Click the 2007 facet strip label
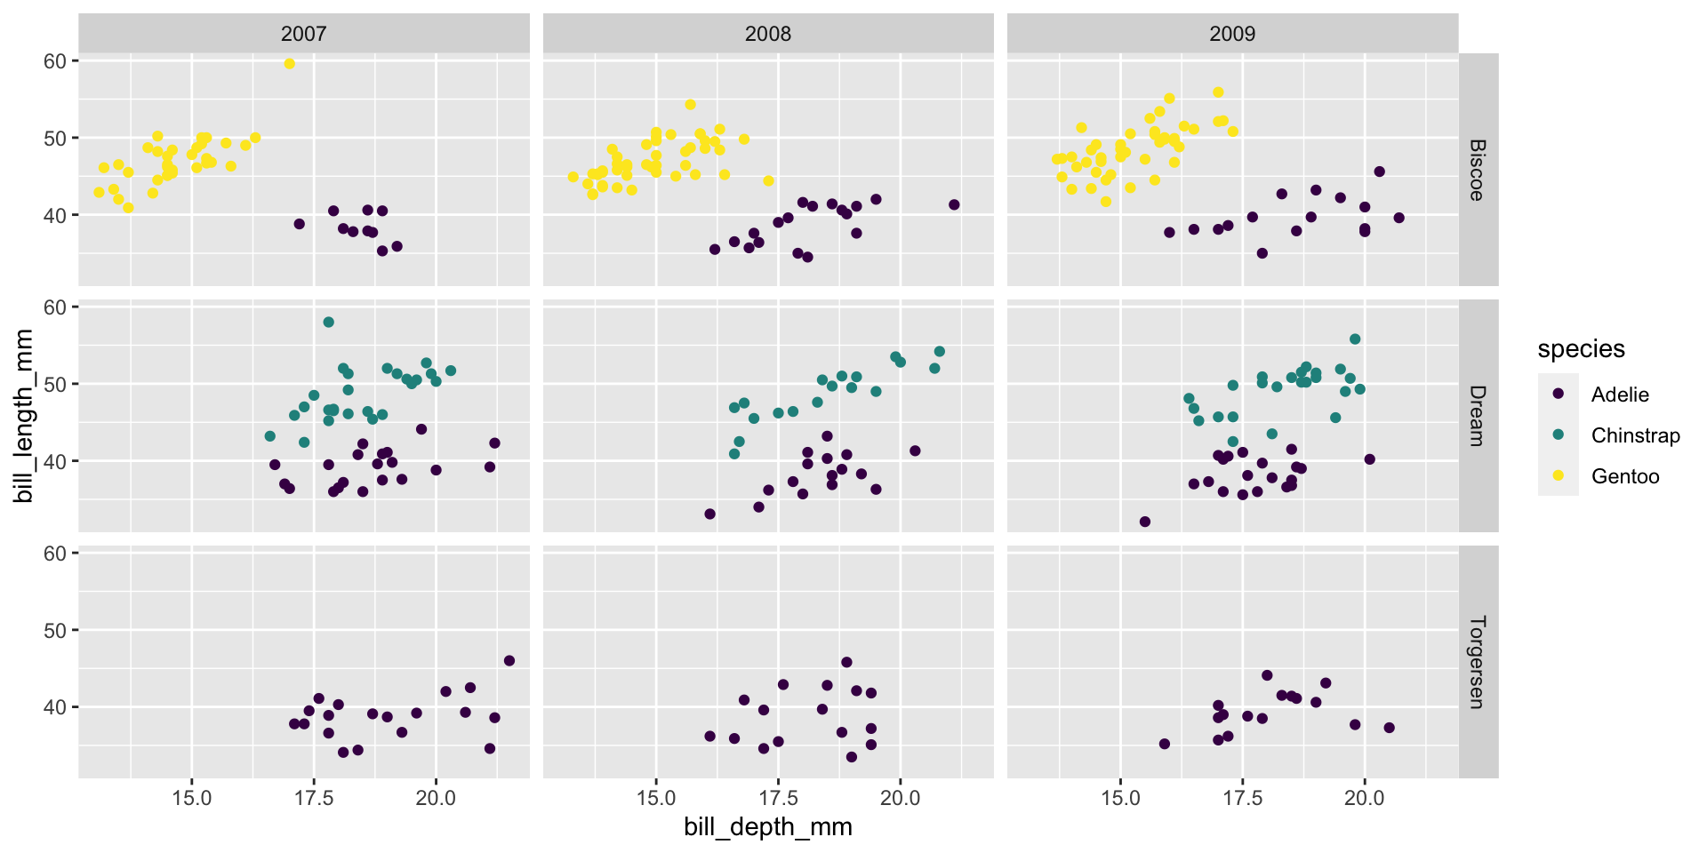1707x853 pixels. [303, 34]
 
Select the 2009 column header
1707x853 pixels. [1232, 34]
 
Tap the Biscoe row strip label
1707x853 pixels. [1478, 170]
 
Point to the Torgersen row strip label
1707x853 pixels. [1478, 662]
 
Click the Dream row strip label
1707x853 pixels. [1478, 416]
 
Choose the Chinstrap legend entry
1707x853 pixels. [1635, 435]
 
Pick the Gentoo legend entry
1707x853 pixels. [1624, 476]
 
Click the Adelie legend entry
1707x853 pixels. [1619, 395]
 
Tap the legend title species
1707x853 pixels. [1581, 349]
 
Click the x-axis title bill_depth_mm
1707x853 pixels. [767, 827]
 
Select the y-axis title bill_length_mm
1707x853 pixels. [24, 416]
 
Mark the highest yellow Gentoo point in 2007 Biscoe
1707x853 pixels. [290, 63]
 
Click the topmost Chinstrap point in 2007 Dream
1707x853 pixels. [329, 322]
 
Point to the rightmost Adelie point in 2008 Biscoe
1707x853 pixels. [954, 204]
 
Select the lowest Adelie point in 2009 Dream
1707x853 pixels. [1145, 522]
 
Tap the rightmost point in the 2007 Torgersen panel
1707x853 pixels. [509, 660]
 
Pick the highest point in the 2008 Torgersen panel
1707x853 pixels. [846, 662]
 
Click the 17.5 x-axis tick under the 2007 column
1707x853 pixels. [313, 797]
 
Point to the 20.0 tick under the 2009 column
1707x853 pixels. [1364, 797]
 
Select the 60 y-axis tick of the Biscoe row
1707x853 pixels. [55, 61]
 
